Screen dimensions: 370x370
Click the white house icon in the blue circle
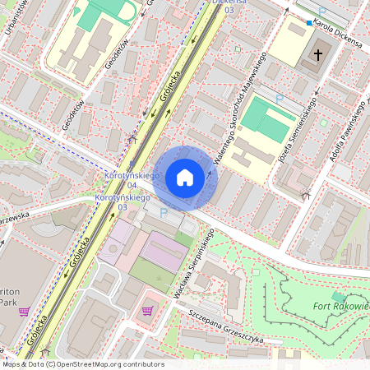click(x=185, y=178)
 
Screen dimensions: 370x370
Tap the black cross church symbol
click(x=317, y=55)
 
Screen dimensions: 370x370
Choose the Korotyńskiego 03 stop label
click(x=123, y=202)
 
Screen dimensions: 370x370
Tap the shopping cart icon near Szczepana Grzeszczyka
click(x=147, y=310)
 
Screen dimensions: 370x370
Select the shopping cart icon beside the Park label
click(x=24, y=312)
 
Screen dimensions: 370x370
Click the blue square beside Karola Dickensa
click(x=309, y=23)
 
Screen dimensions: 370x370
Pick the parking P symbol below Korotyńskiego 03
click(x=163, y=213)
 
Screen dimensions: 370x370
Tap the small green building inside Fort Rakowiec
click(x=338, y=295)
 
